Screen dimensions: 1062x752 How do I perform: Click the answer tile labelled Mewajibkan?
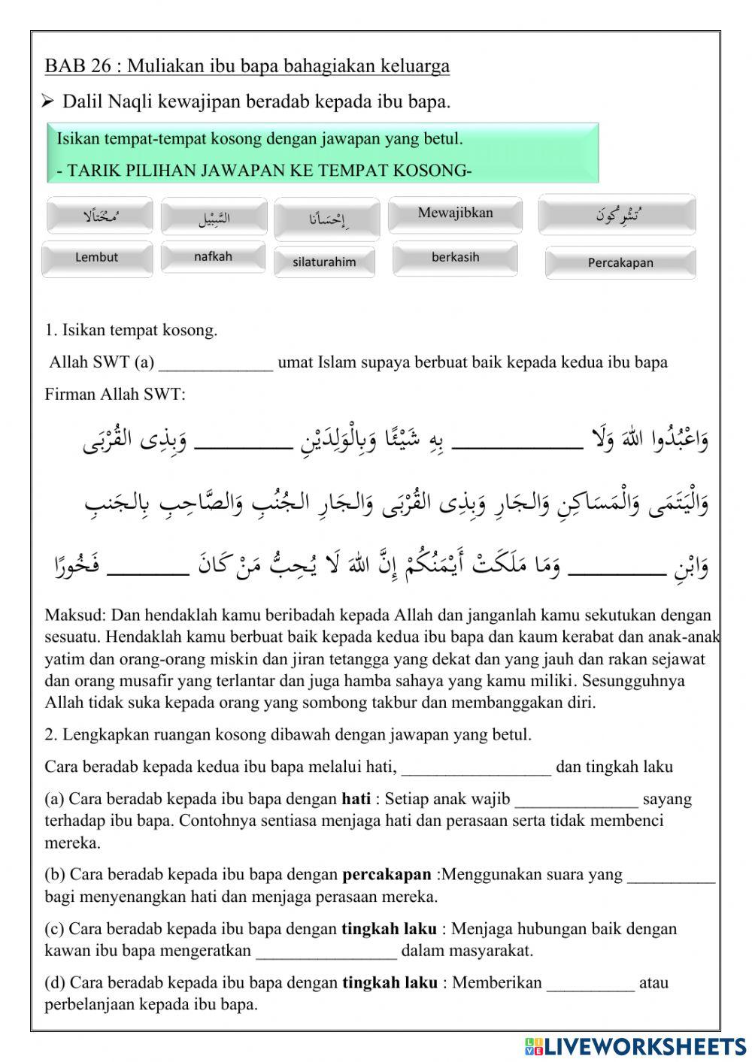click(455, 213)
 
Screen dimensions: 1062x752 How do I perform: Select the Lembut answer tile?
click(97, 258)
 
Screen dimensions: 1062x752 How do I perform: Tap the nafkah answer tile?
click(213, 257)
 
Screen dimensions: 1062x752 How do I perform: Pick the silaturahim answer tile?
click(324, 262)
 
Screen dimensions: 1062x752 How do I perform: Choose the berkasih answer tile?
click(455, 257)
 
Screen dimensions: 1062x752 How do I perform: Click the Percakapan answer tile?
click(620, 263)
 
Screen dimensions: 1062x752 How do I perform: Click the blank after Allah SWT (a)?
click(216, 364)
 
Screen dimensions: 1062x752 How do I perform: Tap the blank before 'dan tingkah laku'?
click(477, 768)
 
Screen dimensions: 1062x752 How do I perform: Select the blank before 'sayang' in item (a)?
click(576, 800)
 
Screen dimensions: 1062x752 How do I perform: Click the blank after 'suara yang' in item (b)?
click(671, 876)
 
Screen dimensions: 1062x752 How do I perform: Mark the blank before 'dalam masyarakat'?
click(326, 952)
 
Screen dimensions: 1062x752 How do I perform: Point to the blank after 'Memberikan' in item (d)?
click(590, 984)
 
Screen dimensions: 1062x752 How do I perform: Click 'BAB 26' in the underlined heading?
click(77, 66)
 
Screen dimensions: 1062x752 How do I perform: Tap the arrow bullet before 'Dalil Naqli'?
click(49, 101)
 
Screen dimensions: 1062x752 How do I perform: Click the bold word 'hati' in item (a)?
click(356, 799)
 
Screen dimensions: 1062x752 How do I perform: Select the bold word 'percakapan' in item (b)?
click(387, 875)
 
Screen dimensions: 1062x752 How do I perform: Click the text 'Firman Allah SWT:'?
click(115, 395)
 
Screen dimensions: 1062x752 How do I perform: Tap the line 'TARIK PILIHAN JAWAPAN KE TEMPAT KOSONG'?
click(264, 171)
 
